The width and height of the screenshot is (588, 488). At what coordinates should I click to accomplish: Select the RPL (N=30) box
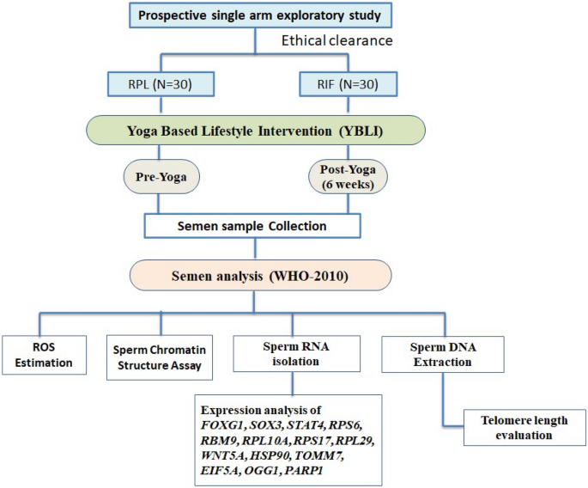[x=160, y=85]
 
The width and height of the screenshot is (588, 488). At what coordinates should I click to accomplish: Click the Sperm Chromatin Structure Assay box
[x=160, y=356]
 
